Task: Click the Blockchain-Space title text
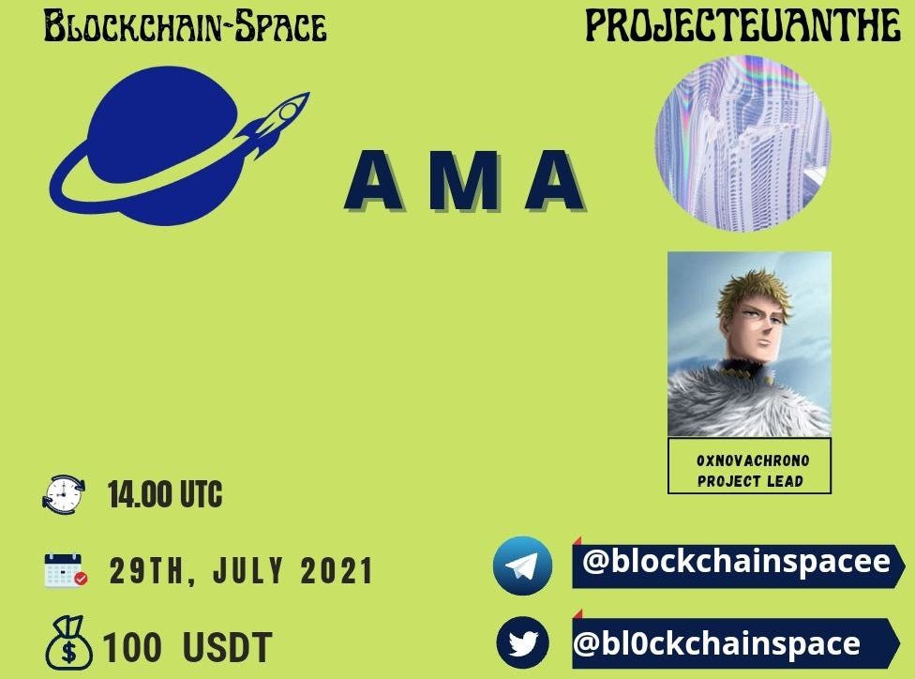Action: [x=185, y=27]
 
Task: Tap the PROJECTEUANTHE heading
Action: [x=742, y=26]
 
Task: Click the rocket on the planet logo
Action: [x=275, y=124]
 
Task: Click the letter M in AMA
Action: [x=465, y=180]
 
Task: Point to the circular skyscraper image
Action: [x=742, y=143]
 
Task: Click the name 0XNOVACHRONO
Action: [x=753, y=460]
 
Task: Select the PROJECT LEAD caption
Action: [x=750, y=481]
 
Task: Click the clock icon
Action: [x=64, y=495]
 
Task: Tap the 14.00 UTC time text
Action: [x=165, y=494]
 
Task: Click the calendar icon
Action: [x=66, y=569]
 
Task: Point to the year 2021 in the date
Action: [x=337, y=570]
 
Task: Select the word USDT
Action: [x=228, y=647]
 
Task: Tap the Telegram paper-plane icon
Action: [x=522, y=566]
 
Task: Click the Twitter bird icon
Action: [x=523, y=642]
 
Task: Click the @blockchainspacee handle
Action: [x=737, y=562]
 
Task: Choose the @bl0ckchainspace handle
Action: [x=716, y=643]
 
